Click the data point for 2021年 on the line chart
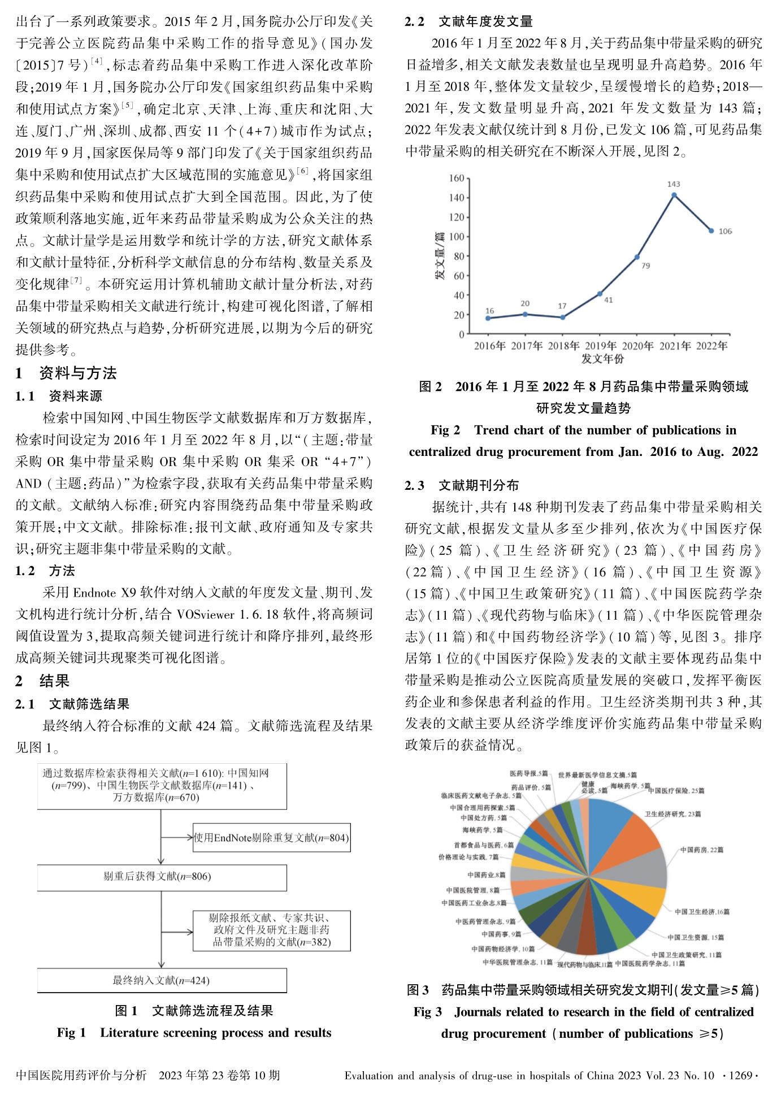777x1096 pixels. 674,195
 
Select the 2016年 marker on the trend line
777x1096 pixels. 488,318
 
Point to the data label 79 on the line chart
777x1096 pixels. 645,266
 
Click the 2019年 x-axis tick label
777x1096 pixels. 601,346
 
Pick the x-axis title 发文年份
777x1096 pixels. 602,358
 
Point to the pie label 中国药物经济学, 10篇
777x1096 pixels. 503,949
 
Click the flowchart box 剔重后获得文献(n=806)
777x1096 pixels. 162,877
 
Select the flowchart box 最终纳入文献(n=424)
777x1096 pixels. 162,980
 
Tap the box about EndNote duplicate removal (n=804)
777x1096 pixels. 271,838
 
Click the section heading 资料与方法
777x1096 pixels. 77,373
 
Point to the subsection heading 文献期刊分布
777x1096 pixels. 478,485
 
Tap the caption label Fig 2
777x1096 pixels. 445,430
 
